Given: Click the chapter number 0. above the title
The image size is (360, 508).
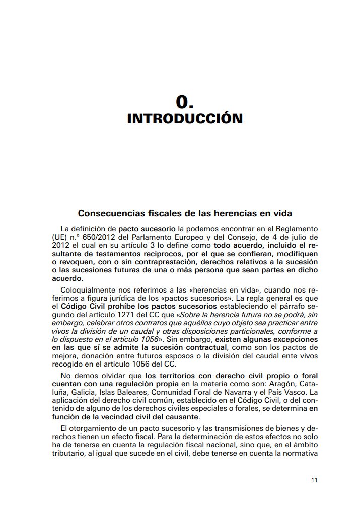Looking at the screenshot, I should pos(185,102).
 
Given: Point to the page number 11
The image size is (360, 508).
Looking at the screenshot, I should pos(314,480).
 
